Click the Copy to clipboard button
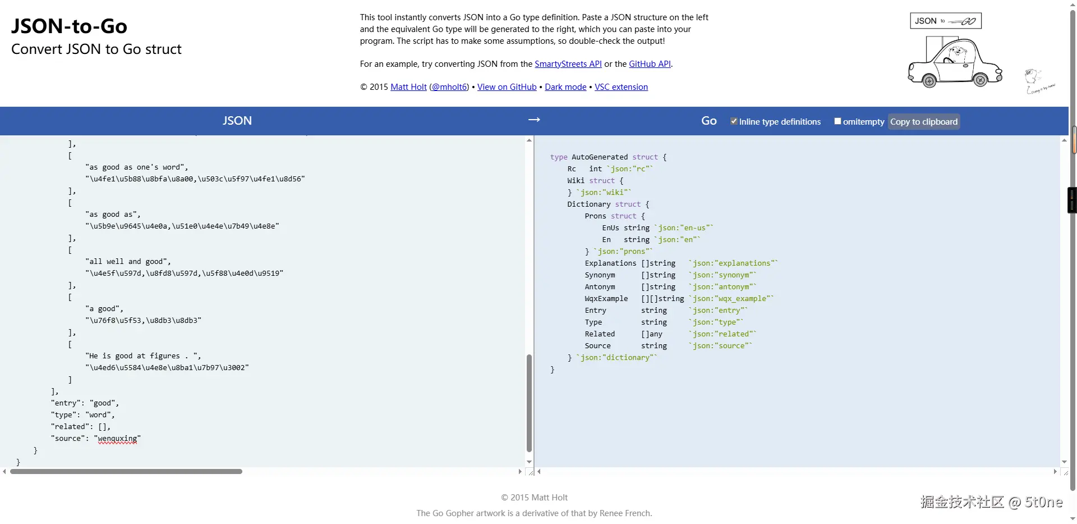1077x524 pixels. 923,122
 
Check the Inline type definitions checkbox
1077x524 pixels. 734,121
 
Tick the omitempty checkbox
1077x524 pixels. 837,121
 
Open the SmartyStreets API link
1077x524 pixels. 568,64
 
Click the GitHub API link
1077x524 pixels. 650,64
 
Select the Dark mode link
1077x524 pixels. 565,87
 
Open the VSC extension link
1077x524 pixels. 621,87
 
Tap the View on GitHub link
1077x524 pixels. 507,87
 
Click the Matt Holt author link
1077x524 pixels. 408,87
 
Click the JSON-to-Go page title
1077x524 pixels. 69,26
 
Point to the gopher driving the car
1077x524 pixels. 953,55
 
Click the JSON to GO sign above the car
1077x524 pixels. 945,21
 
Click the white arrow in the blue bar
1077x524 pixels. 534,120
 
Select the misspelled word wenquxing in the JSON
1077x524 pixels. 117,439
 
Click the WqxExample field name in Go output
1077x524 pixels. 606,299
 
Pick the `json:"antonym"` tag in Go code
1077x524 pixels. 722,287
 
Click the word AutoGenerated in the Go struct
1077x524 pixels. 599,157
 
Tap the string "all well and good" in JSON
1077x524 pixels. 128,262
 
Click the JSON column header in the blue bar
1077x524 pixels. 237,121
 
